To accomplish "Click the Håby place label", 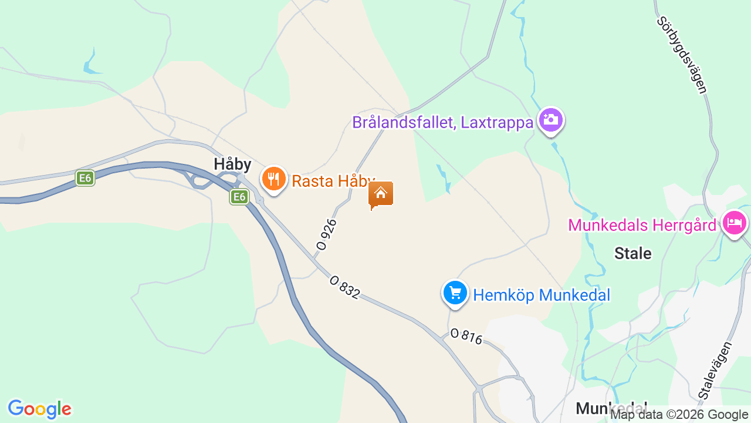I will (232, 164).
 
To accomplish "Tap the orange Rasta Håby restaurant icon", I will (273, 179).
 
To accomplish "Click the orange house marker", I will (381, 194).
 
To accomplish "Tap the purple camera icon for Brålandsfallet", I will (550, 120).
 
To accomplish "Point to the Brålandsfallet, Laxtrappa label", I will (443, 122).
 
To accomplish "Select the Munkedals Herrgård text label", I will (642, 225).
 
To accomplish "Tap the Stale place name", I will (632, 253).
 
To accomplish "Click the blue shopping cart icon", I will (455, 293).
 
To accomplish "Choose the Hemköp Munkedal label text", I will (542, 295).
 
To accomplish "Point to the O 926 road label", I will (326, 234).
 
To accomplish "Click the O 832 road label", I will (344, 287).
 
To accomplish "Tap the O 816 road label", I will (466, 336).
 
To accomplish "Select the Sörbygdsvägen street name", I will (682, 55).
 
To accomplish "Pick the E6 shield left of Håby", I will (85, 177).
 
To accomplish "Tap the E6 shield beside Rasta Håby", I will (239, 197).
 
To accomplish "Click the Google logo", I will (39, 409).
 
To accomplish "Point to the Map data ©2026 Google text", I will (679, 415).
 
